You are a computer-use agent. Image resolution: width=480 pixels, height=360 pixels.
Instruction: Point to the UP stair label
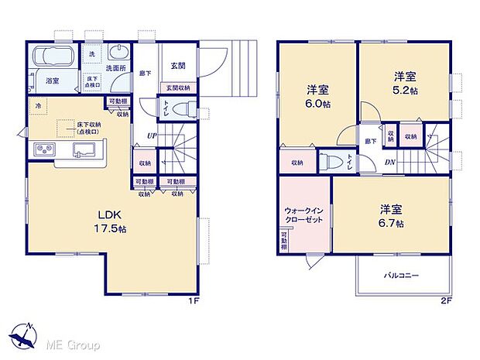[x=151, y=136]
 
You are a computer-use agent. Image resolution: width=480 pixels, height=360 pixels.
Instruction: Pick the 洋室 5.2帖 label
[x=403, y=83]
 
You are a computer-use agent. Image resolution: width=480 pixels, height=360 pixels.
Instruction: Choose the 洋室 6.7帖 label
[x=391, y=216]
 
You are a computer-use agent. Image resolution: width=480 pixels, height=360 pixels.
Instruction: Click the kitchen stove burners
[x=43, y=149]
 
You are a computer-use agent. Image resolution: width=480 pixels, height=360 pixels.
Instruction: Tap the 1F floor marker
[x=197, y=301]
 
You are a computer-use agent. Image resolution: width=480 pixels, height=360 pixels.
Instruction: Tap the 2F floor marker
[x=447, y=301]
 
